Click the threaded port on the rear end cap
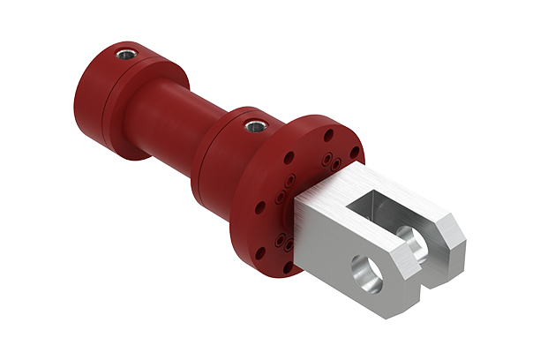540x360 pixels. click(x=126, y=55)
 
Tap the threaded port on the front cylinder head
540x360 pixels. click(x=255, y=125)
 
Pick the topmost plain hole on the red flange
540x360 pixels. click(x=328, y=135)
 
